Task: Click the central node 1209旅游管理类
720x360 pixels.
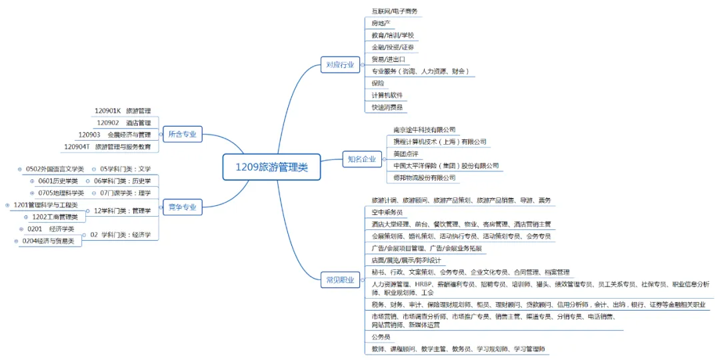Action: [271, 167]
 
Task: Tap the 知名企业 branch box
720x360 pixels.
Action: [361, 159]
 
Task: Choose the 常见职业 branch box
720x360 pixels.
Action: [340, 279]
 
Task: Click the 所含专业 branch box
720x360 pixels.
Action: [181, 134]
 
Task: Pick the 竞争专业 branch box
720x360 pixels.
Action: [181, 207]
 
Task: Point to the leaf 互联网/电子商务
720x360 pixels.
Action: [395, 11]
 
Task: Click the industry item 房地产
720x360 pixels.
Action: [381, 23]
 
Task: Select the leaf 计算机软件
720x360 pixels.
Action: [387, 95]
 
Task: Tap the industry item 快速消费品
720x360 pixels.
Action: [389, 107]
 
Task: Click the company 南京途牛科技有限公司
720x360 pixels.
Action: [424, 129]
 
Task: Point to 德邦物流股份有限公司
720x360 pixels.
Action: [424, 178]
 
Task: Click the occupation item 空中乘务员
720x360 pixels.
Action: [387, 212]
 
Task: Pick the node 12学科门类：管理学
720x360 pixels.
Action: [122, 211]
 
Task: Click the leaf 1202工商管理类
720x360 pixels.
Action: [55, 217]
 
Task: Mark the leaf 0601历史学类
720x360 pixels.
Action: [57, 181]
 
